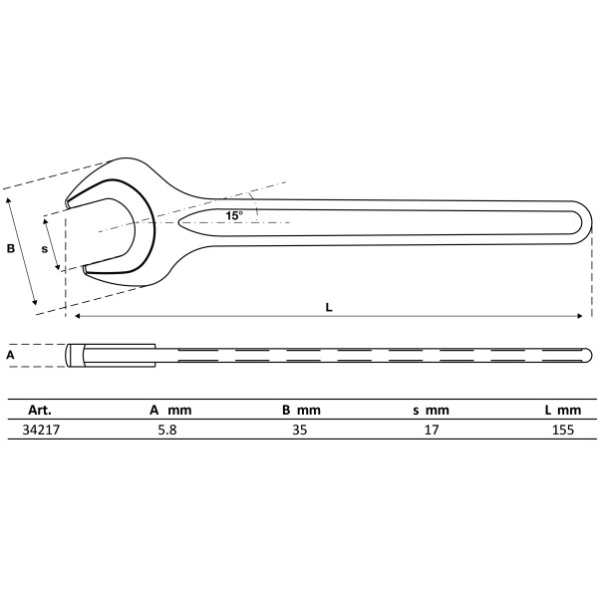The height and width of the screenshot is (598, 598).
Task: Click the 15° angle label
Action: [233, 215]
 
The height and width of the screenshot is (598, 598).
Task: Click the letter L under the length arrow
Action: [329, 307]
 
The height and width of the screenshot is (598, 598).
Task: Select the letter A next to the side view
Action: [10, 354]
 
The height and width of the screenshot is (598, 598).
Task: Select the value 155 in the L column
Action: [562, 432]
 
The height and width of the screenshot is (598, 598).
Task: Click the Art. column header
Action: [40, 409]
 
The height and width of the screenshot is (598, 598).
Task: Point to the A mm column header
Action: [169, 409]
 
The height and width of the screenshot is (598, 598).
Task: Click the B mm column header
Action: [301, 409]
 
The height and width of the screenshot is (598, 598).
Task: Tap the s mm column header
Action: [432, 409]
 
